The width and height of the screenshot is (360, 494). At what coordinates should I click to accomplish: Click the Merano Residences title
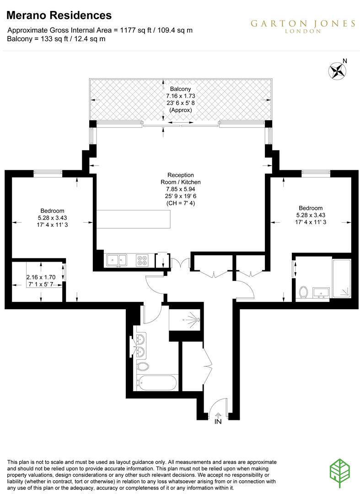(59, 16)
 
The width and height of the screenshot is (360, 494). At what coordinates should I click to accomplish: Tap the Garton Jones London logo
(302, 26)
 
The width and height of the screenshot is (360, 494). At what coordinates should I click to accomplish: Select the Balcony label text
(180, 89)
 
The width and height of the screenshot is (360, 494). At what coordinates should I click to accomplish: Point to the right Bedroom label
(310, 207)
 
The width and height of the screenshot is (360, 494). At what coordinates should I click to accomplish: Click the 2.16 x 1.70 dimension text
(41, 277)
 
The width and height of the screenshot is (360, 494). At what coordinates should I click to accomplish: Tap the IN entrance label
(218, 422)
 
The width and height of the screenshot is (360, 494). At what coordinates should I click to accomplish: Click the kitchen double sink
(117, 260)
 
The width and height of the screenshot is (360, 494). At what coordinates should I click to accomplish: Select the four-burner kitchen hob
(142, 260)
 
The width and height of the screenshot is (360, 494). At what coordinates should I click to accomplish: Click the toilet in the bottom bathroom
(144, 366)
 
